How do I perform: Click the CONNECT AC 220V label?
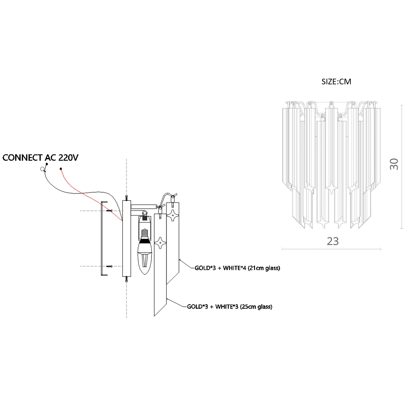click(40, 158)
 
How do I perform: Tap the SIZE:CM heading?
click(336, 81)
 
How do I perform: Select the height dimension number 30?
click(394, 164)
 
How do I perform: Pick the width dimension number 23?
click(333, 241)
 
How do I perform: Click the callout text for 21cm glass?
click(238, 268)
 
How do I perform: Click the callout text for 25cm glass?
click(230, 307)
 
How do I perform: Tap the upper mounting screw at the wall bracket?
click(109, 211)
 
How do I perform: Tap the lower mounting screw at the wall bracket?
click(109, 266)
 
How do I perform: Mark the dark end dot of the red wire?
click(61, 169)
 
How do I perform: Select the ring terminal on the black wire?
click(42, 169)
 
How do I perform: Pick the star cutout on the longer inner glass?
click(160, 243)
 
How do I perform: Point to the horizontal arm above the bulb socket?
click(143, 206)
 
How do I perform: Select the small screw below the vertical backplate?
click(126, 279)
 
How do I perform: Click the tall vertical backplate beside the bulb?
click(126, 238)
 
